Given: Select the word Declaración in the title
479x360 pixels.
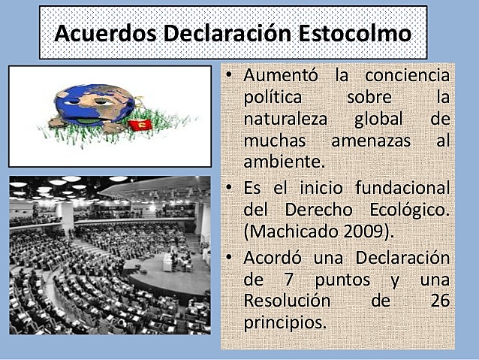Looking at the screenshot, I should coord(226,35).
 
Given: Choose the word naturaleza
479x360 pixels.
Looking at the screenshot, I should coord(288,119).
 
